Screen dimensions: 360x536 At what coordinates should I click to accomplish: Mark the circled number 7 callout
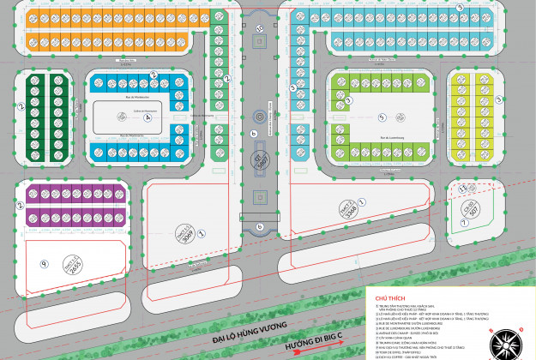463,221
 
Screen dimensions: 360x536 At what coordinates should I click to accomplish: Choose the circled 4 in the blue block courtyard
147,117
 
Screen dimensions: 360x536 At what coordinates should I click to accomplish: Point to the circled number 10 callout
260,29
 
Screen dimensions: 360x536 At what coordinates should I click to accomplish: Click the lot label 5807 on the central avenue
260,161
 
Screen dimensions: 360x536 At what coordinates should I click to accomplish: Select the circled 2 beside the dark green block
20,107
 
